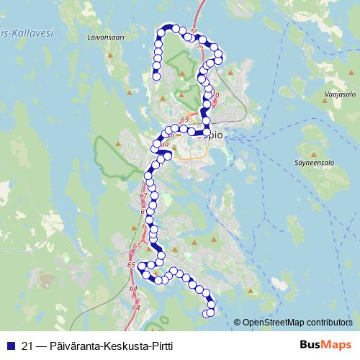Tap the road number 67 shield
(142, 196)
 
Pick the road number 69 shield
(185, 119)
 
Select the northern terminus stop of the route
(156, 77)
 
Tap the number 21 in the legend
(28, 345)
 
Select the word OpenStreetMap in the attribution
(274, 322)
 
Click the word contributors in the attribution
(330, 322)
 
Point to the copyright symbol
(238, 322)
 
